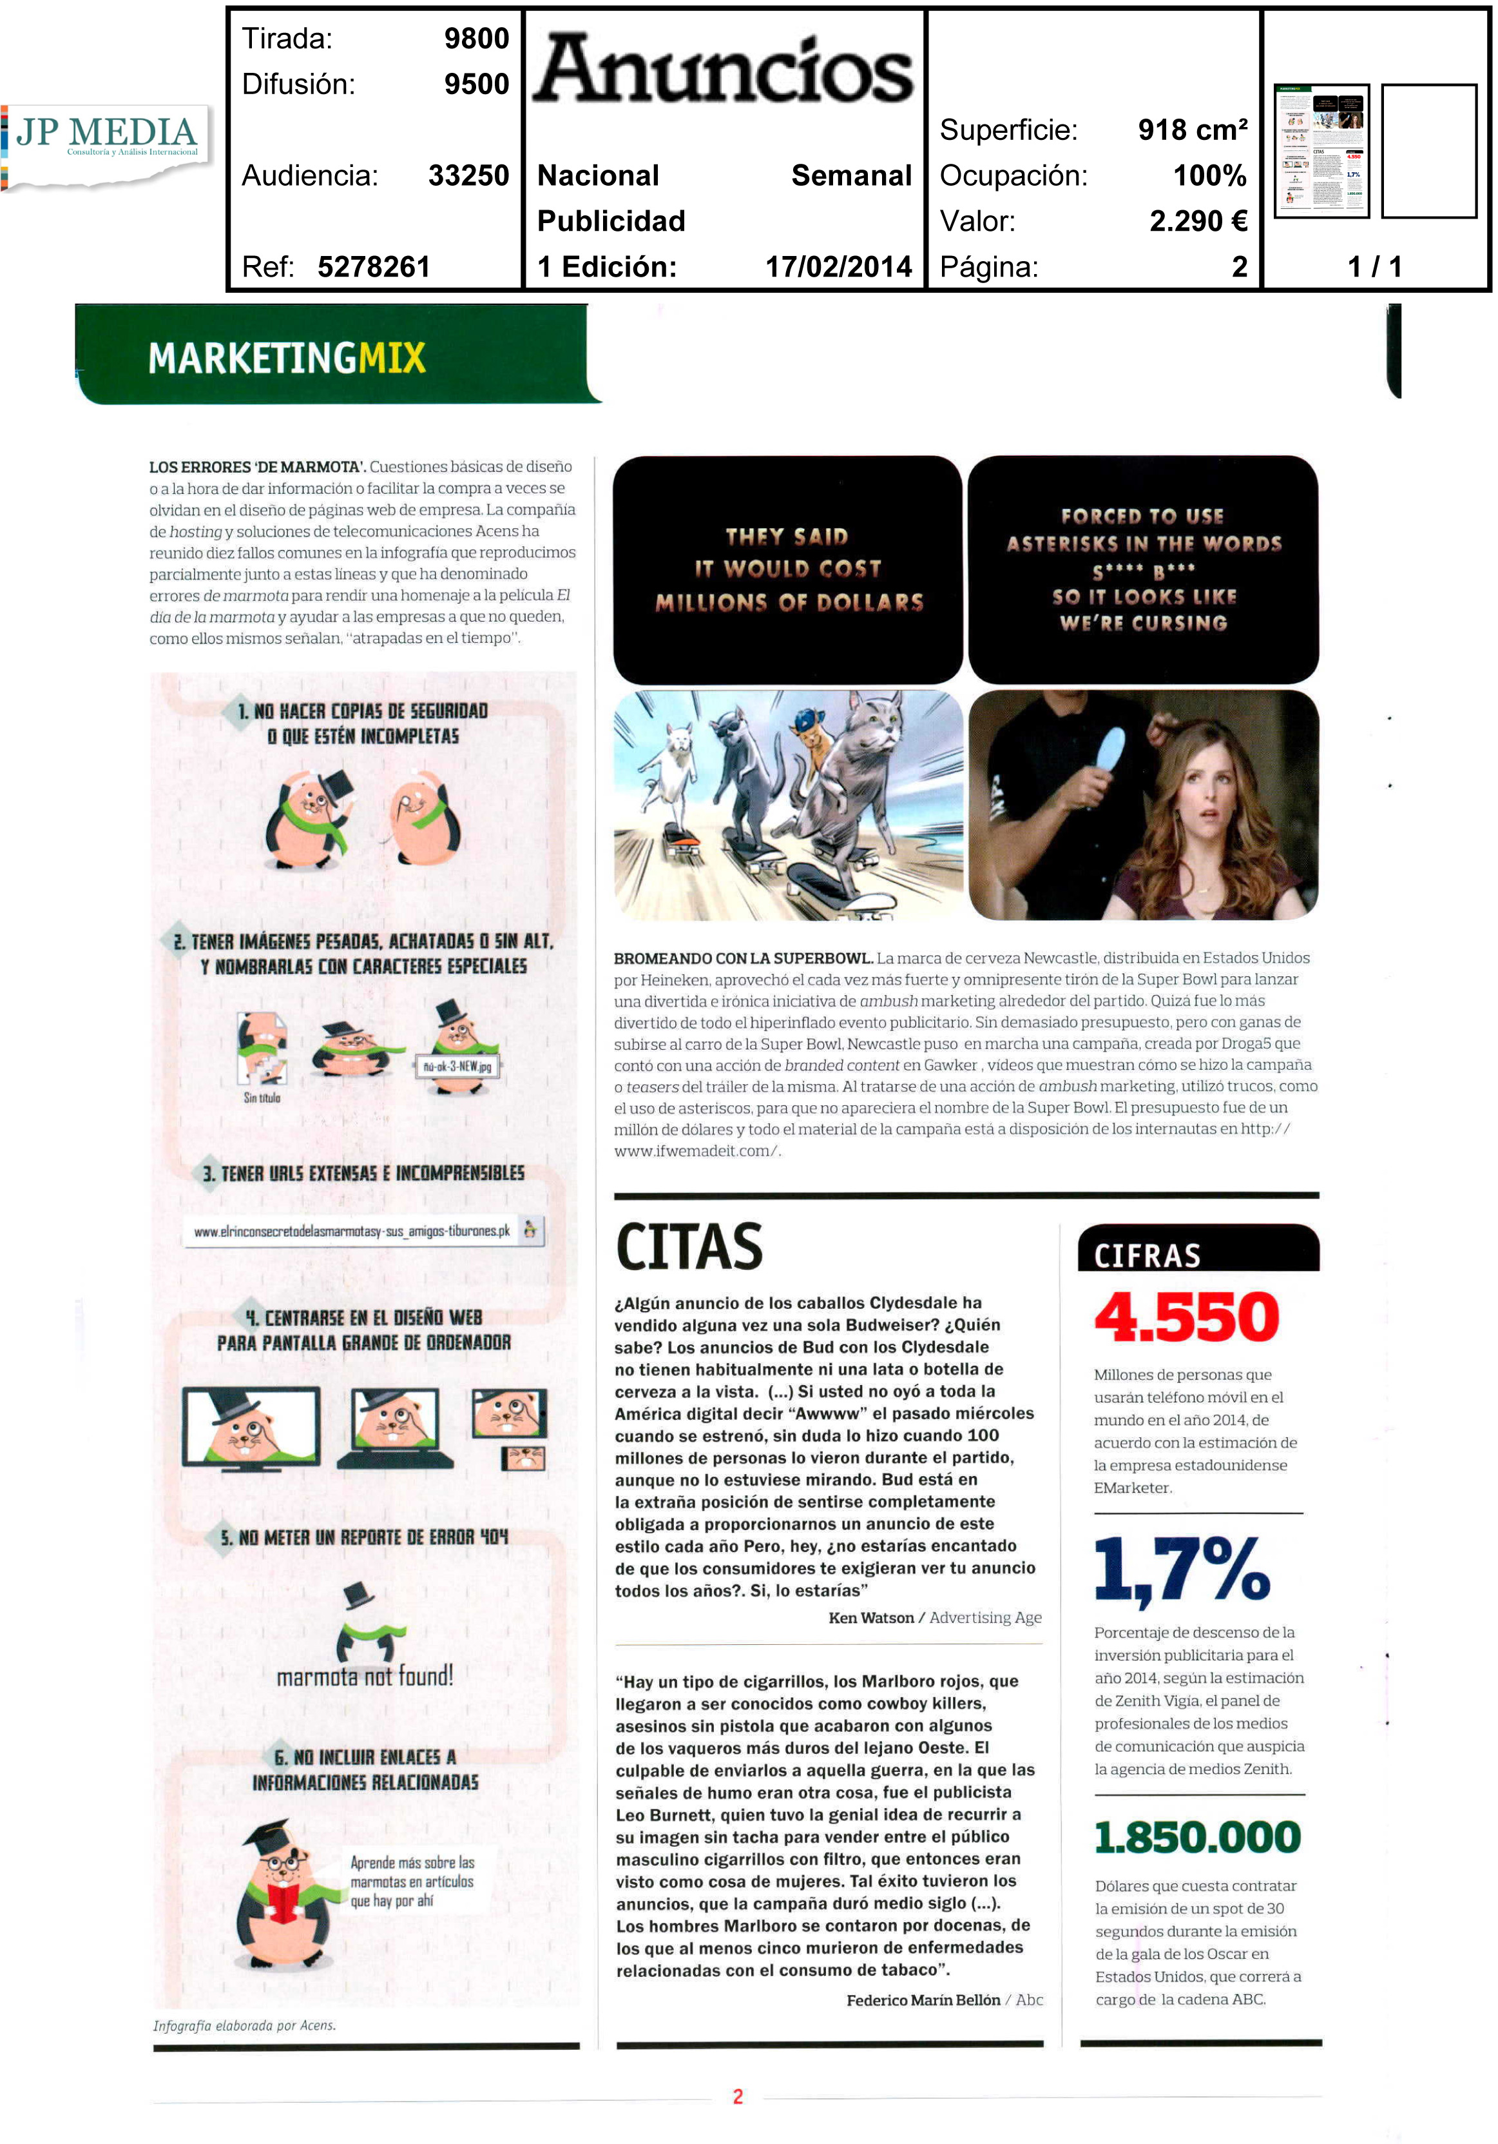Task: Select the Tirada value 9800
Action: [476, 38]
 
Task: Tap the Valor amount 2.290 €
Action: [1198, 221]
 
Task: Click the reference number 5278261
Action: [373, 267]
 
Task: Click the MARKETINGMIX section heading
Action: [287, 358]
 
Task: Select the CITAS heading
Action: [690, 1248]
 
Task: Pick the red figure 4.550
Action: [1186, 1317]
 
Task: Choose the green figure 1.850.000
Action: [1198, 1837]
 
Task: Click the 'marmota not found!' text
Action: [365, 1676]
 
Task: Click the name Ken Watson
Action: [871, 1617]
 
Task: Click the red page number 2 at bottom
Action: [737, 2096]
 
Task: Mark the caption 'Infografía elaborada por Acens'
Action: [245, 2025]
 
